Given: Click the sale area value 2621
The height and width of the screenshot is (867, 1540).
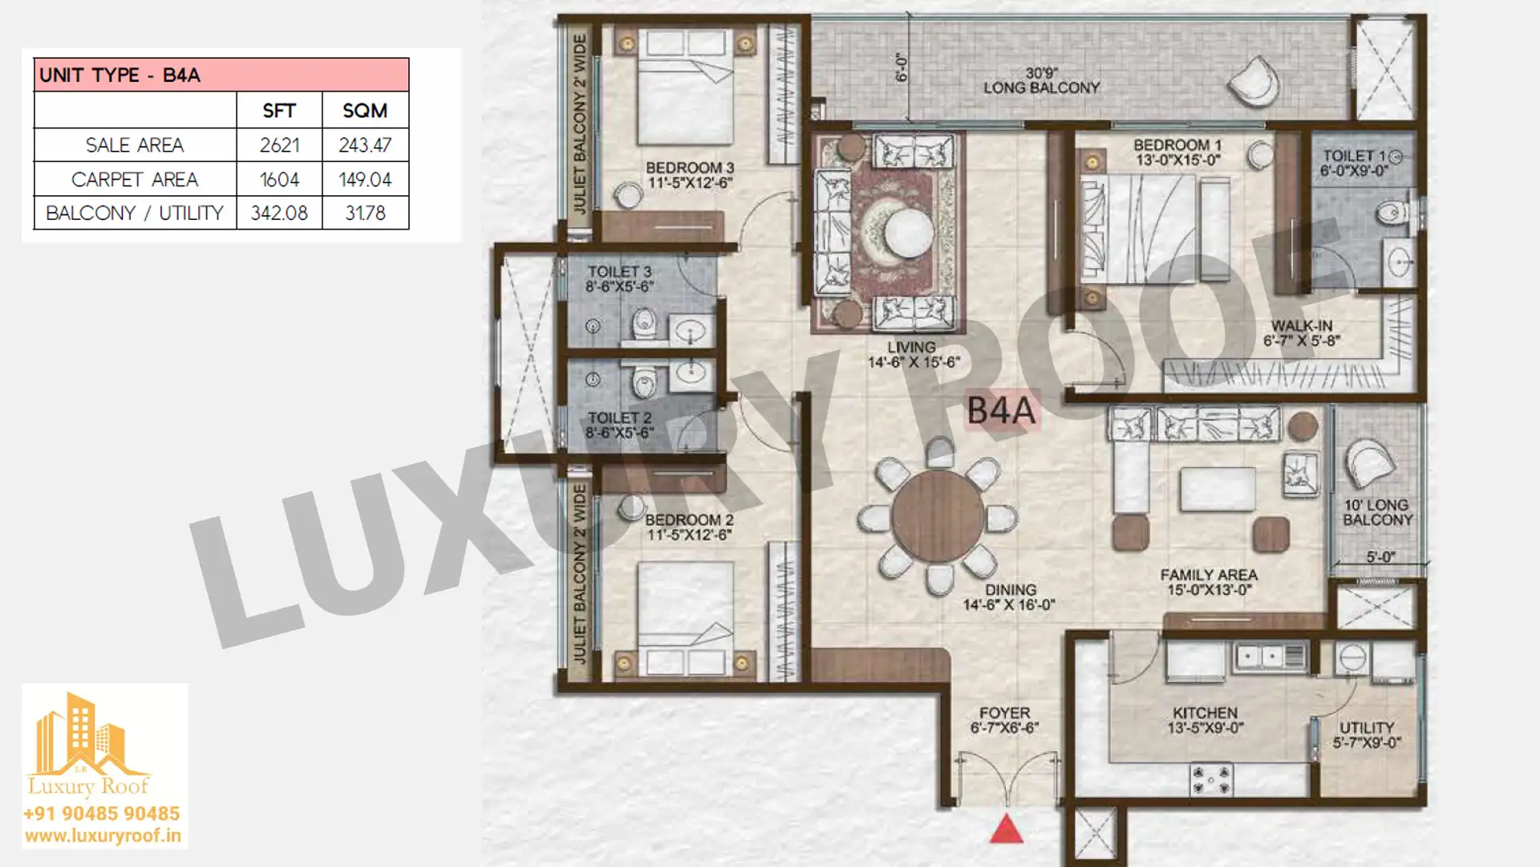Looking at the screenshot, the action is click(x=279, y=145).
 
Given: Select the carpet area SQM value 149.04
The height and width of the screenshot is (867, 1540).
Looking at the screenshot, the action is click(x=365, y=180).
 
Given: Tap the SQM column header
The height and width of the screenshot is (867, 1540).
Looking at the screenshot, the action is click(x=365, y=111).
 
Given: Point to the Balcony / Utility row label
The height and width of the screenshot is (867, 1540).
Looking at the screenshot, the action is click(x=135, y=214).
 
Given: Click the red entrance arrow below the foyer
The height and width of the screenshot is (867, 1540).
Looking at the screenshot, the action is click(x=1007, y=829).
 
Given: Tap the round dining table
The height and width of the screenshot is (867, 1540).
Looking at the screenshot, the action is click(x=938, y=516).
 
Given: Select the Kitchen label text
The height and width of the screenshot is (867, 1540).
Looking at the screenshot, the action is click(x=1205, y=713).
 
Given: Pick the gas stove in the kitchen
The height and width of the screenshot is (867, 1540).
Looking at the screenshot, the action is click(x=1210, y=779).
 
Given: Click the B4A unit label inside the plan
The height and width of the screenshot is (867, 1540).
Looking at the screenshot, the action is click(x=1002, y=410).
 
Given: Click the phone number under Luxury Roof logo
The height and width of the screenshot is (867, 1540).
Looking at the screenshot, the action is click(x=102, y=814).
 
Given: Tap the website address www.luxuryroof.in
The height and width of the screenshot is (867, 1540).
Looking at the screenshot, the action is click(x=103, y=836).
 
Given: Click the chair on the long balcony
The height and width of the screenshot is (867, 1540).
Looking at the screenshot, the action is click(x=1254, y=81).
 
